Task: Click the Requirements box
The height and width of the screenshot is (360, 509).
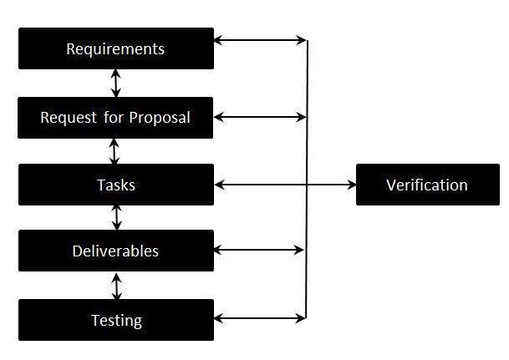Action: [x=115, y=48]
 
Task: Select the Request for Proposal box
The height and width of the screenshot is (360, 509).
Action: [x=115, y=118]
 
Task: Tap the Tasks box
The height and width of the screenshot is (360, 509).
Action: [x=115, y=185]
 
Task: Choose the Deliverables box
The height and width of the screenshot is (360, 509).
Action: [x=115, y=251]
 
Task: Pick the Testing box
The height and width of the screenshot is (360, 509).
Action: [x=115, y=320]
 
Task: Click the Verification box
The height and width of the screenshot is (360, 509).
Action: [x=427, y=185]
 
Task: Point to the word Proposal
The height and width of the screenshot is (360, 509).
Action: [x=160, y=118]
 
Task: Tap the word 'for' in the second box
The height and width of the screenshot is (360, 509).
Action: [x=114, y=118]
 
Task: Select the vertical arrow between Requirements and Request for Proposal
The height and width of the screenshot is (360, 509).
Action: [x=116, y=84]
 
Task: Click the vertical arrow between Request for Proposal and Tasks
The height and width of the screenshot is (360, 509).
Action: [x=115, y=151]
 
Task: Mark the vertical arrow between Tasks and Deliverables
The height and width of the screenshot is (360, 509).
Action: [x=116, y=217]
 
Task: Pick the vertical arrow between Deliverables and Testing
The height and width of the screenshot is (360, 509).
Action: [x=116, y=286]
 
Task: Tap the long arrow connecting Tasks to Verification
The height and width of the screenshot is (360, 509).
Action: [x=284, y=185]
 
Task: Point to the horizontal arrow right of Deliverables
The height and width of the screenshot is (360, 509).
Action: [x=259, y=250]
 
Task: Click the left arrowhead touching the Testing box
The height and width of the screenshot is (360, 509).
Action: [x=219, y=318]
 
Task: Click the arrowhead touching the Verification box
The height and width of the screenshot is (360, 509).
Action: [x=351, y=185]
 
